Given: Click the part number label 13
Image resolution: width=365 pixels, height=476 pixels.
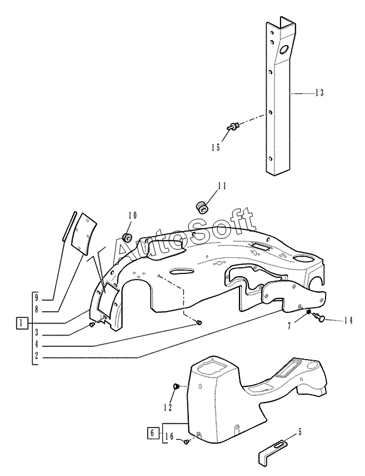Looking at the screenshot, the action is pyautogui.click(x=319, y=92).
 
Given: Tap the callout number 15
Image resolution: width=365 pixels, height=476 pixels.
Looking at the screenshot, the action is pyautogui.click(x=216, y=148).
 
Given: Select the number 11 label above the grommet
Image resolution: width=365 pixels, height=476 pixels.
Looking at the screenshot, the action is pyautogui.click(x=222, y=186).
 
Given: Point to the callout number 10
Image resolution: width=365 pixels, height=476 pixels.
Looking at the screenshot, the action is pyautogui.click(x=132, y=215).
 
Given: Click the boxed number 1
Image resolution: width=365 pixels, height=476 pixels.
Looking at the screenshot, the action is pyautogui.click(x=21, y=323).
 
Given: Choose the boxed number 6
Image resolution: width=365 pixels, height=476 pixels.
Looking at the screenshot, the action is pyautogui.click(x=152, y=432).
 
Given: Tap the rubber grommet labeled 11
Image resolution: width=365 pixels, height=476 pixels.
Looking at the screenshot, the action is pyautogui.click(x=201, y=207).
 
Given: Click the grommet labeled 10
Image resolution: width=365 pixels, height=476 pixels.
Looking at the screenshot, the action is pyautogui.click(x=127, y=237).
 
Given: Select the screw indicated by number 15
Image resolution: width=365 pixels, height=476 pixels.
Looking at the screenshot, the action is pyautogui.click(x=233, y=125).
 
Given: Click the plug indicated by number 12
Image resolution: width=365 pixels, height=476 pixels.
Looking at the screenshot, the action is pyautogui.click(x=176, y=386).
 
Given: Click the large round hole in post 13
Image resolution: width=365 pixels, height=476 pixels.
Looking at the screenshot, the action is pyautogui.click(x=284, y=50).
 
